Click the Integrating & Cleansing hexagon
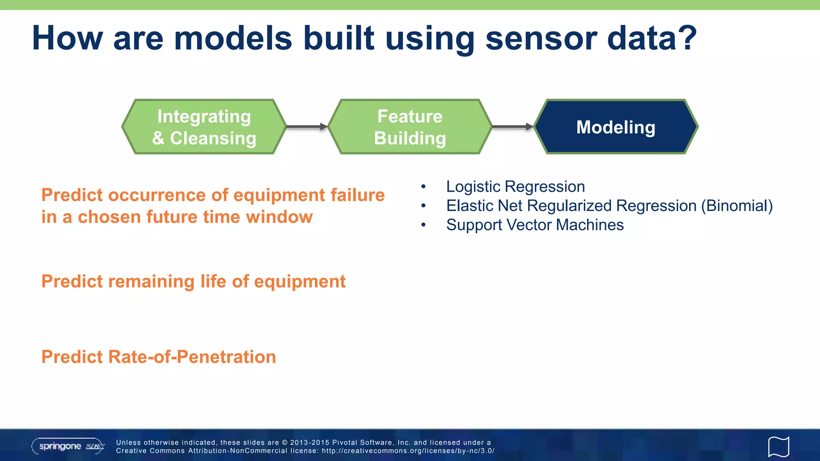click(x=204, y=127)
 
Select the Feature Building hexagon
click(x=410, y=127)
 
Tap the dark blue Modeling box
click(x=616, y=127)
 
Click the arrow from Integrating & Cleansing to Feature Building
click(x=307, y=127)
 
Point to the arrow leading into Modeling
click(x=512, y=127)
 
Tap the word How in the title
click(x=67, y=38)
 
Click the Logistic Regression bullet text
click(x=515, y=186)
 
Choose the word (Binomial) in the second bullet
click(x=737, y=206)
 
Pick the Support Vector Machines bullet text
click(x=535, y=225)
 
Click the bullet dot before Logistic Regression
click(x=423, y=187)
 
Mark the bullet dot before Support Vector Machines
click(x=423, y=225)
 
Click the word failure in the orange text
click(x=357, y=195)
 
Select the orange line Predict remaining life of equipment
click(x=193, y=281)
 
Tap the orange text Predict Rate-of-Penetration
click(x=159, y=357)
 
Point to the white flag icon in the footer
click(x=778, y=446)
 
